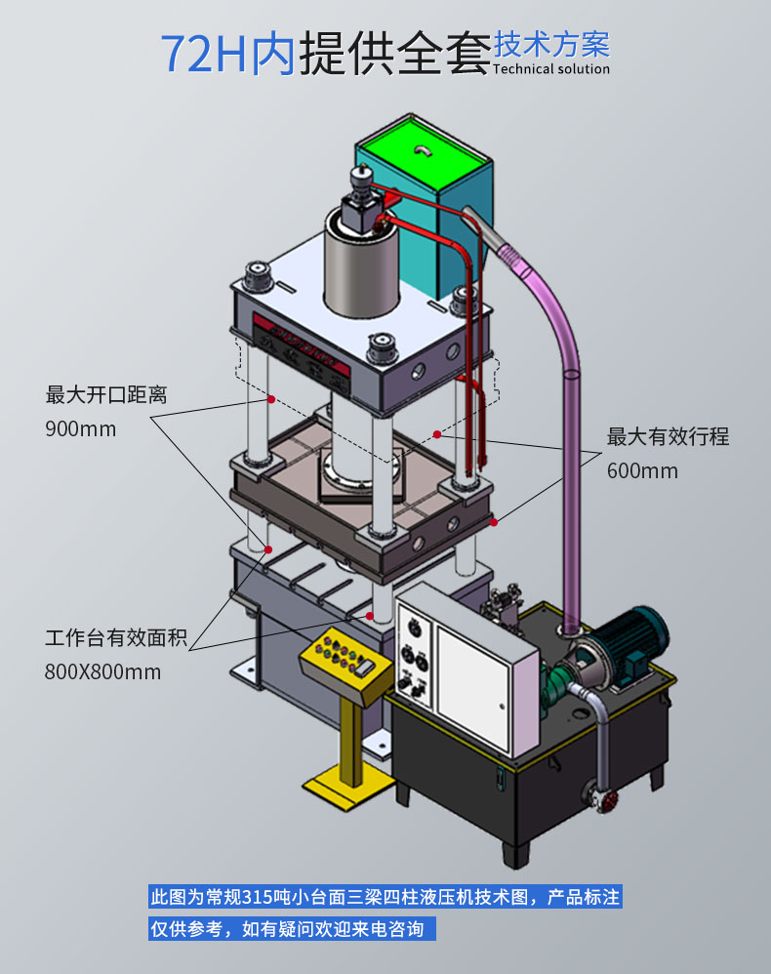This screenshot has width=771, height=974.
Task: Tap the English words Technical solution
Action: point(551,69)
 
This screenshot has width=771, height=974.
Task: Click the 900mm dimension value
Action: point(80,429)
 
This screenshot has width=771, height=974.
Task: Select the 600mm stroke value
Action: point(642,470)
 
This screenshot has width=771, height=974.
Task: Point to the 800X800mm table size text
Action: point(102,672)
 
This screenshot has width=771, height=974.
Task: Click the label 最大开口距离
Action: point(106,395)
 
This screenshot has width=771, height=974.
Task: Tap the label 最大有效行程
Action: point(668,436)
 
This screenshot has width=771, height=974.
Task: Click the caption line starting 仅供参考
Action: point(287,929)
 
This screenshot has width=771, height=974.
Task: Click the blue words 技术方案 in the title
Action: point(551,44)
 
